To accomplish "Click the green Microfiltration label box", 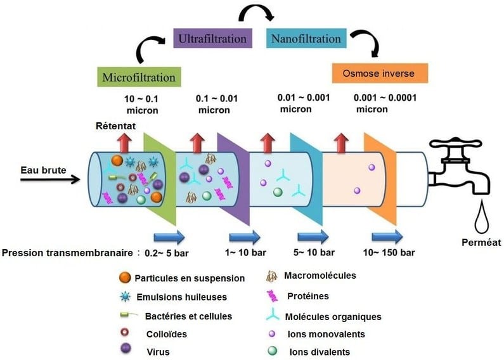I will tap(138, 77).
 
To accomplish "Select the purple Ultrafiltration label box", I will tap(212, 39).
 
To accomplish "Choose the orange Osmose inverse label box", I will tap(380, 74).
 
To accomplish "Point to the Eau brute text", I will tap(39, 169).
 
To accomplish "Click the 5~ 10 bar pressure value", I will tap(314, 253).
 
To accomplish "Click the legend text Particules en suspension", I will tap(190, 278).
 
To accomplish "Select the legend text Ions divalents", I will tap(320, 352).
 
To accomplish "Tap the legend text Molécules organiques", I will tap(334, 316).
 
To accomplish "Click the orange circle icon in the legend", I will tap(125, 278).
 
